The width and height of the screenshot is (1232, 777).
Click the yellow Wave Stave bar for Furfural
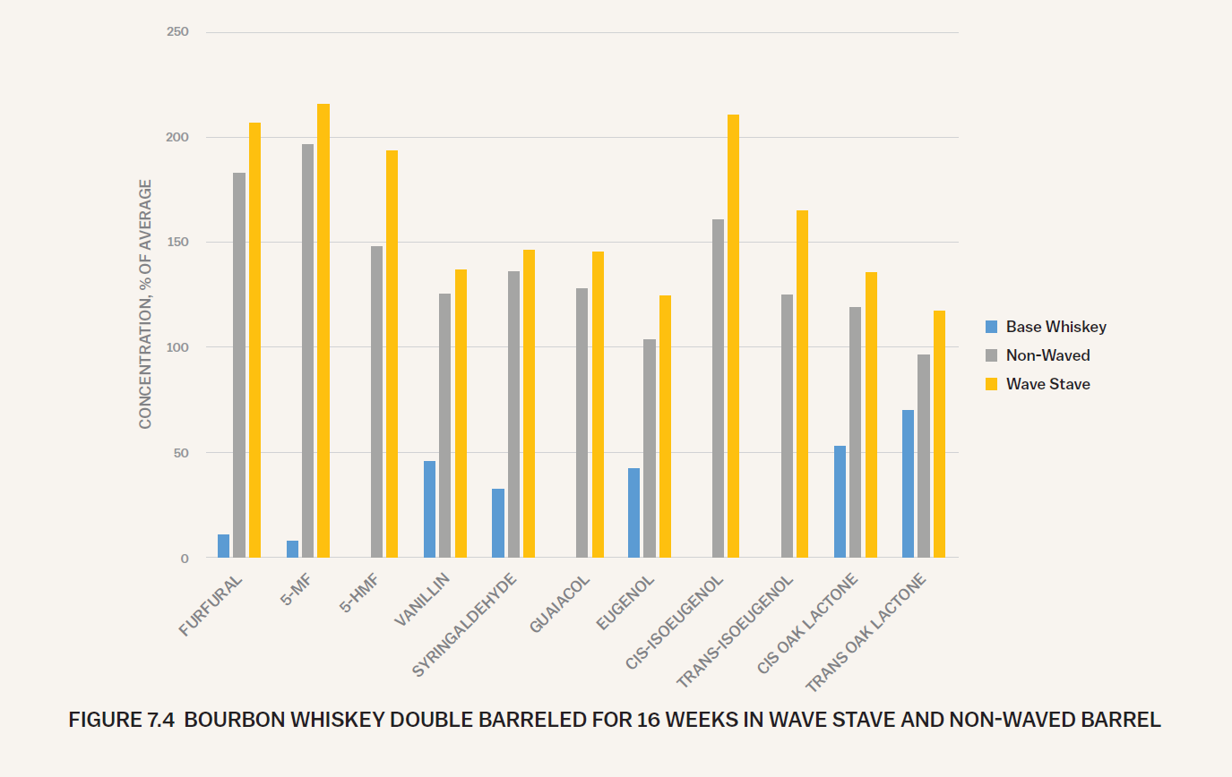[254, 340]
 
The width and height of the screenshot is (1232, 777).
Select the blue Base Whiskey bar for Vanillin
[429, 509]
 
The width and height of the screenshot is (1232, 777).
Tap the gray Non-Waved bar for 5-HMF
[376, 402]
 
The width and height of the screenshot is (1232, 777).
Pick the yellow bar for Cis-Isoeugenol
[733, 336]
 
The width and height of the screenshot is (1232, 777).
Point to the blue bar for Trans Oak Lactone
[908, 483]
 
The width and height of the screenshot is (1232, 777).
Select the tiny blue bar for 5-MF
[292, 549]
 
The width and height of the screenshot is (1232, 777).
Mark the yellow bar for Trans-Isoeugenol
[802, 384]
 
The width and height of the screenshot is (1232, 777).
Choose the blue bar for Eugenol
[634, 513]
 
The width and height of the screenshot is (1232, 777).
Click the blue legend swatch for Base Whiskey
[991, 327]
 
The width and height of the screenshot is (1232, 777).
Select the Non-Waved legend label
[1047, 355]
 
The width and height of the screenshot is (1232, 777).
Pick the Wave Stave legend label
[1047, 384]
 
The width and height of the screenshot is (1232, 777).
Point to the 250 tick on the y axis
[177, 32]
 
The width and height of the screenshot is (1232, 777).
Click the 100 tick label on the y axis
[177, 347]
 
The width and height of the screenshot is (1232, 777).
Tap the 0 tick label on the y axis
[184, 558]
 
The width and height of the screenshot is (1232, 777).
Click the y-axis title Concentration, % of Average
[145, 304]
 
